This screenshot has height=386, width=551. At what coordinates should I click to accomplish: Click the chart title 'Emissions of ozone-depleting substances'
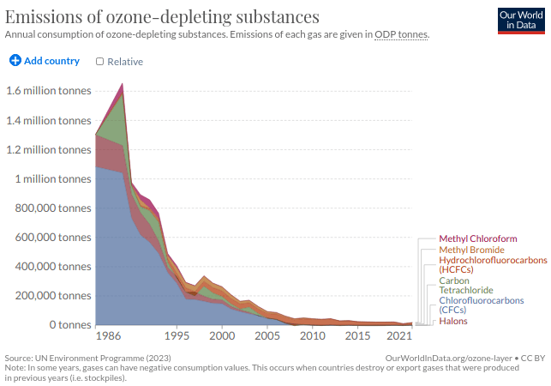click(162, 16)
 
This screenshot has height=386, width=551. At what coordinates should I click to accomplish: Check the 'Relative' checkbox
click(100, 61)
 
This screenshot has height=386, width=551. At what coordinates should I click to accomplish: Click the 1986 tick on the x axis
click(108, 335)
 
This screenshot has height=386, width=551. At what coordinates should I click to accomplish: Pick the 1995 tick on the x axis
click(177, 335)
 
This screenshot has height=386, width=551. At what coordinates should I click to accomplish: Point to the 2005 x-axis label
click(267, 335)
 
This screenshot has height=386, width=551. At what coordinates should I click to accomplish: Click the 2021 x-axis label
click(399, 335)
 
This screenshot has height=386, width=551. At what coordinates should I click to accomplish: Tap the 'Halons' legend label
click(454, 321)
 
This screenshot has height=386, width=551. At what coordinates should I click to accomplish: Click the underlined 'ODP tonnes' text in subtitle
click(401, 34)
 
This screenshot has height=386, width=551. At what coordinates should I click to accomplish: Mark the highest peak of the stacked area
click(123, 84)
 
